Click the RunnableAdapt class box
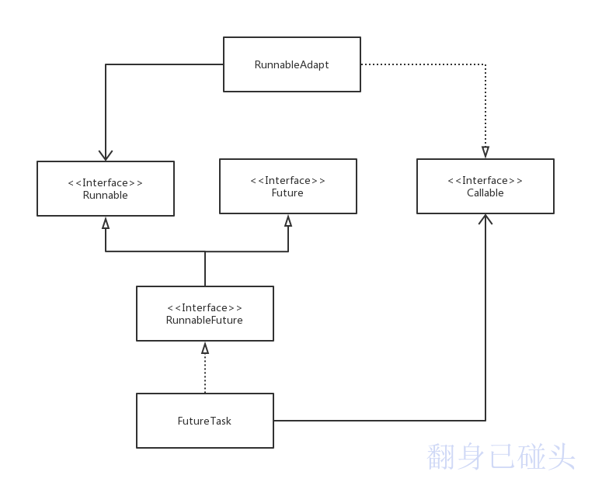[x=291, y=64]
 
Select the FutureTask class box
[x=204, y=421]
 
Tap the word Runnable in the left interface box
[x=105, y=196]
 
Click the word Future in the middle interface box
[x=287, y=193]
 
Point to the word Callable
[x=485, y=193]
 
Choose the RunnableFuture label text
[x=204, y=320]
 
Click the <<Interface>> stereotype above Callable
[x=485, y=181]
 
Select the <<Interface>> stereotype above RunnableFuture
[x=204, y=308]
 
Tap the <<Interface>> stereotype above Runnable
[x=105, y=183]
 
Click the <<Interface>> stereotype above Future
[x=287, y=181]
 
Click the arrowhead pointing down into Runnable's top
[x=106, y=154]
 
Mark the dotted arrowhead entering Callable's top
[x=485, y=152]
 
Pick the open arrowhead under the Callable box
[x=485, y=220]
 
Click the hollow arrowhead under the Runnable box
[x=106, y=223]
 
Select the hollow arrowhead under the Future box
[x=288, y=220]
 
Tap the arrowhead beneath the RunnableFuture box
[x=205, y=348]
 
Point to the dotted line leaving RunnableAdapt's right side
[x=423, y=64]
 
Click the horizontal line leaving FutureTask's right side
[x=381, y=421]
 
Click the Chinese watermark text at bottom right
[x=501, y=457]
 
